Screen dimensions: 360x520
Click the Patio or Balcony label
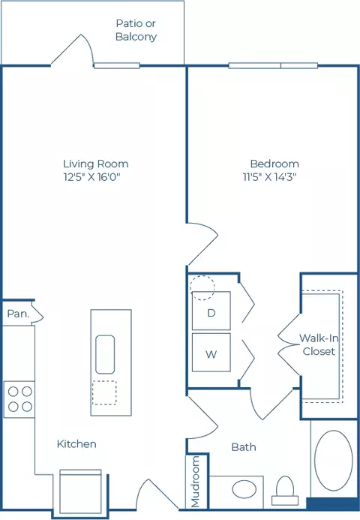[136, 30]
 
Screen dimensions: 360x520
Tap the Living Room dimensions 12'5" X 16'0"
[91, 177]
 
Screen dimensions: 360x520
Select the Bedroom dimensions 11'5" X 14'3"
[269, 177]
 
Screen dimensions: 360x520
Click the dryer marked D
[211, 311]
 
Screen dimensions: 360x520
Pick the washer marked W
[211, 353]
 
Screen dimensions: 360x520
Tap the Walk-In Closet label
[319, 344]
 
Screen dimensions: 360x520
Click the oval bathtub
[334, 460]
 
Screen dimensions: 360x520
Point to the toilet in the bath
[285, 491]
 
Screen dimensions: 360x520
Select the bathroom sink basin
[244, 490]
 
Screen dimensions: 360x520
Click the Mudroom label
[196, 482]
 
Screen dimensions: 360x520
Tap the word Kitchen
[76, 444]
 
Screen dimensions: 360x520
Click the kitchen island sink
[105, 354]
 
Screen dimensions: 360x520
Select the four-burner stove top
[19, 399]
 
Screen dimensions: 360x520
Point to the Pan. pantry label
[18, 314]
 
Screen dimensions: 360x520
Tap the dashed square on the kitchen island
[104, 392]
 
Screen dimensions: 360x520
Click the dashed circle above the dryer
[202, 287]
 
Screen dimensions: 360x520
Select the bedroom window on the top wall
[273, 66]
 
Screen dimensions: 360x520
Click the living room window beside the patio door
[116, 66]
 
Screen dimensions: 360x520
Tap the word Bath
[244, 447]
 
